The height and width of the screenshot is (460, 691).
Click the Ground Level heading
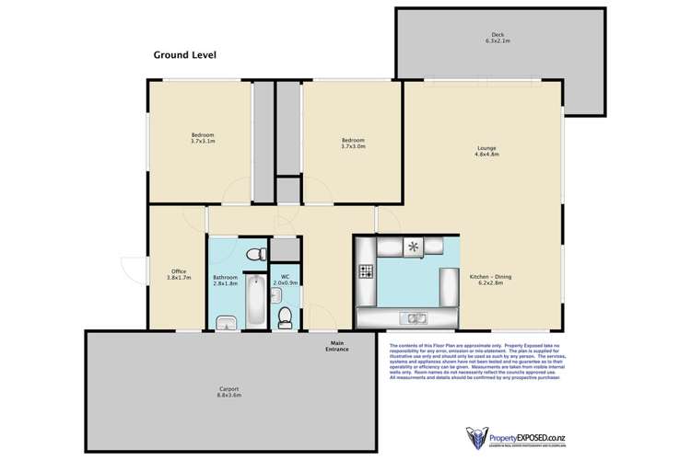click(183, 55)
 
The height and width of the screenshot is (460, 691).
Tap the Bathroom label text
click(226, 281)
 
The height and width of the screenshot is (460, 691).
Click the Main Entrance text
click(332, 347)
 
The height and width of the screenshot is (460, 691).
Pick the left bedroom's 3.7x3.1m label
click(202, 141)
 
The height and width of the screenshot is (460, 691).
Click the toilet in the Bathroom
click(262, 252)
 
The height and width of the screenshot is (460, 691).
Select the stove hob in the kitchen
click(366, 272)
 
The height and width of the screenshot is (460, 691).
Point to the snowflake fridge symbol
click(414, 247)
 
